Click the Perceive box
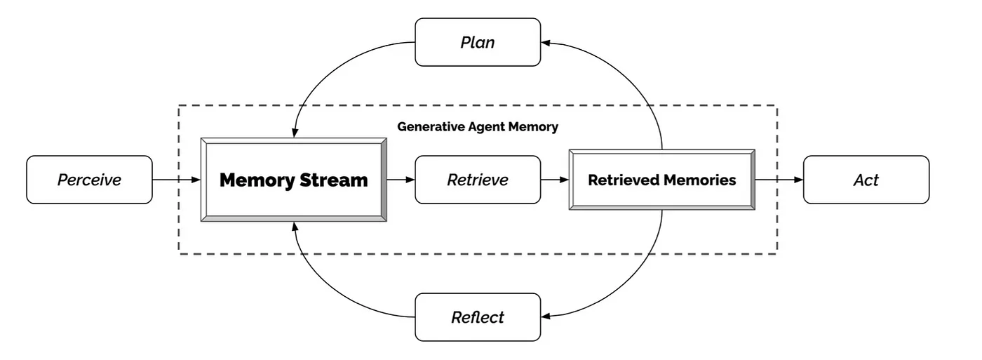click(x=90, y=180)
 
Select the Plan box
click(x=478, y=42)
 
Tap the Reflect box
click(x=478, y=317)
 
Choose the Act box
click(x=866, y=180)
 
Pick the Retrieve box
click(x=478, y=180)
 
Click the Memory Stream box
click(x=294, y=180)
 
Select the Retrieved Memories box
click(x=662, y=180)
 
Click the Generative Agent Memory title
click(x=478, y=127)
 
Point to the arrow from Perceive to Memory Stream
click(x=176, y=180)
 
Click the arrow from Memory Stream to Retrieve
click(x=401, y=180)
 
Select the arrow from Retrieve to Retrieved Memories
click(x=555, y=180)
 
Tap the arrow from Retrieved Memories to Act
click(x=779, y=180)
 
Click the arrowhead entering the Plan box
click(x=546, y=43)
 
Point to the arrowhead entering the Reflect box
click(x=546, y=316)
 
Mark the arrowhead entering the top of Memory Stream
click(x=295, y=133)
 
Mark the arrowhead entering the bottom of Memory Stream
click(x=295, y=227)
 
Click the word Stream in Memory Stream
click(x=334, y=180)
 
